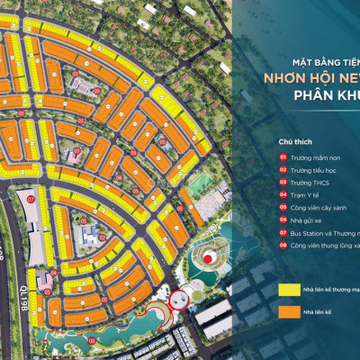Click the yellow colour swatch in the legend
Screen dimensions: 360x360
pyautogui.click(x=288, y=291)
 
